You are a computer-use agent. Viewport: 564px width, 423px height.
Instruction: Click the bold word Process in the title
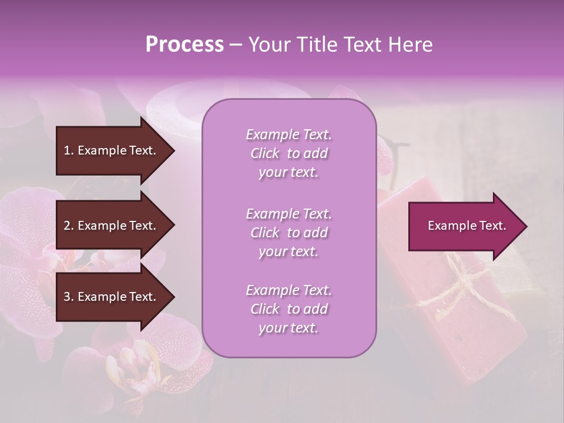[184, 45]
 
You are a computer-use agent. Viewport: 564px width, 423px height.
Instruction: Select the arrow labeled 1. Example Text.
[112, 150]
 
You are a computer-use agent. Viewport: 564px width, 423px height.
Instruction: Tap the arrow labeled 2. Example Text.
[112, 226]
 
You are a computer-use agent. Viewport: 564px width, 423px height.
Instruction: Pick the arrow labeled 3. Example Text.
[112, 297]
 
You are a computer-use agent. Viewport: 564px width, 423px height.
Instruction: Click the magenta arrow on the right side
[464, 226]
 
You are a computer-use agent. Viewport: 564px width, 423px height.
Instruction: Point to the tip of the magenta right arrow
[526, 226]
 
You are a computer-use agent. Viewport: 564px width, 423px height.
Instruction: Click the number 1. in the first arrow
[68, 150]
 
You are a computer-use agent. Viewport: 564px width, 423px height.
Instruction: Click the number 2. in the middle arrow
[68, 226]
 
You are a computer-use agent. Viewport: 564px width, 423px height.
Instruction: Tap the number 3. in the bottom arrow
[68, 297]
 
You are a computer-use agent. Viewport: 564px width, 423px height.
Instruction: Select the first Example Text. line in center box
[288, 135]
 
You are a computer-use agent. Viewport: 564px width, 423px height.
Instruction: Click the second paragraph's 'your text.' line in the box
[288, 251]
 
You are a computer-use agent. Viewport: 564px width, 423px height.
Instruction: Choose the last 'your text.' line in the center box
[288, 328]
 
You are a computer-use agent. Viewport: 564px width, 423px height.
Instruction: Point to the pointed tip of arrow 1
[173, 150]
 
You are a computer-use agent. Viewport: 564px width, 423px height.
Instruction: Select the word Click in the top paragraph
[265, 153]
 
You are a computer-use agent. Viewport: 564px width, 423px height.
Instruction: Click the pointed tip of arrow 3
[173, 297]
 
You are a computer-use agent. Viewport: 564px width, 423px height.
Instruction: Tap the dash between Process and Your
[236, 45]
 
